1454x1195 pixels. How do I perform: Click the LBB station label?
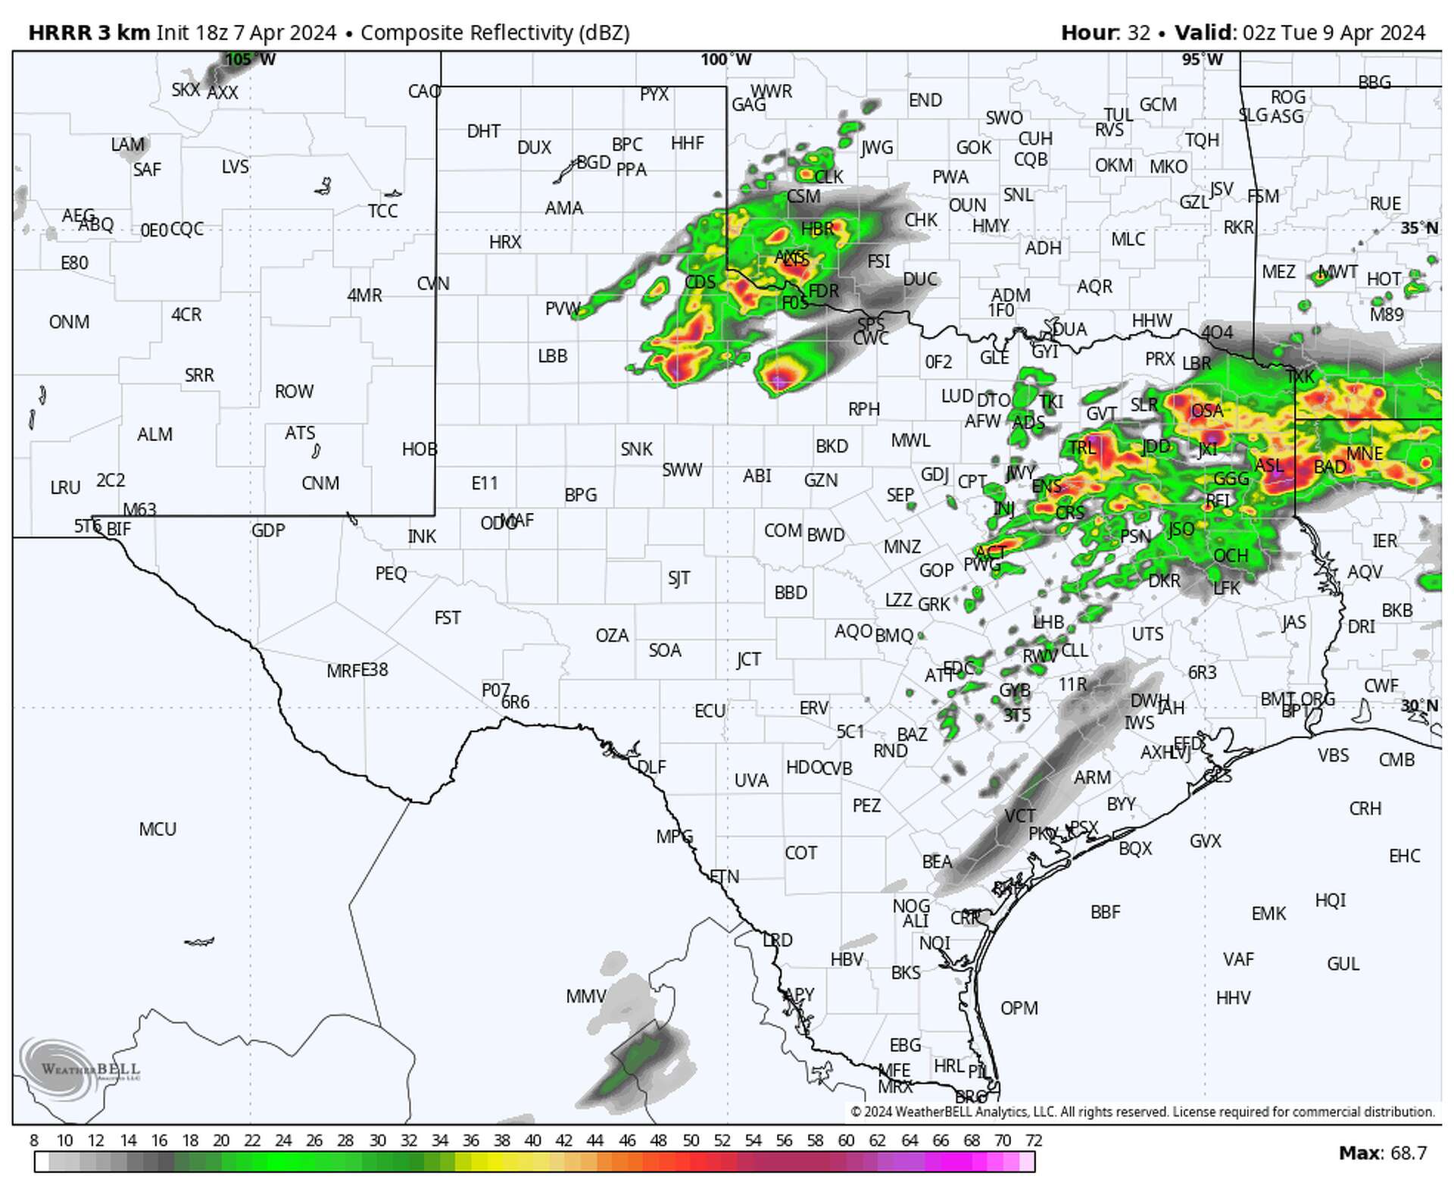(x=552, y=356)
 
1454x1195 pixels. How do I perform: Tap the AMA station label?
(x=563, y=208)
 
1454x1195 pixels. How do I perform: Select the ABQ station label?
(x=96, y=225)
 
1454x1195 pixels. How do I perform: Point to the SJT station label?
(x=679, y=579)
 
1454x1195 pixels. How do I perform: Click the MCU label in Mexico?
(x=158, y=830)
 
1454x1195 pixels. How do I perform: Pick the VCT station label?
(x=1019, y=816)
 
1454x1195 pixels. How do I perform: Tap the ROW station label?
(x=294, y=392)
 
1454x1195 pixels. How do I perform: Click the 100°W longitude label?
(x=725, y=60)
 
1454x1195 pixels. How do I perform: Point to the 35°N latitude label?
(x=1418, y=228)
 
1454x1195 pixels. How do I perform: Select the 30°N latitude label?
(x=1418, y=706)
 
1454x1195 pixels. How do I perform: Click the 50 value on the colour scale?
(x=691, y=1140)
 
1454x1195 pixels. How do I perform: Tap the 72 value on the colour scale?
(x=1034, y=1140)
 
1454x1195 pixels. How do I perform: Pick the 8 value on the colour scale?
(x=34, y=1140)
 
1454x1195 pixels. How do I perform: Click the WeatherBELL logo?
(x=80, y=1068)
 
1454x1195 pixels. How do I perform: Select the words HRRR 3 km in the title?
(x=89, y=33)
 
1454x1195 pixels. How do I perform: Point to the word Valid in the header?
(x=1204, y=33)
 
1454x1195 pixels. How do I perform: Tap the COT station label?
(x=800, y=853)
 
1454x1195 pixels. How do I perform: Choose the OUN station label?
(x=967, y=205)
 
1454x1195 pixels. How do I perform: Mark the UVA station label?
(x=751, y=781)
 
